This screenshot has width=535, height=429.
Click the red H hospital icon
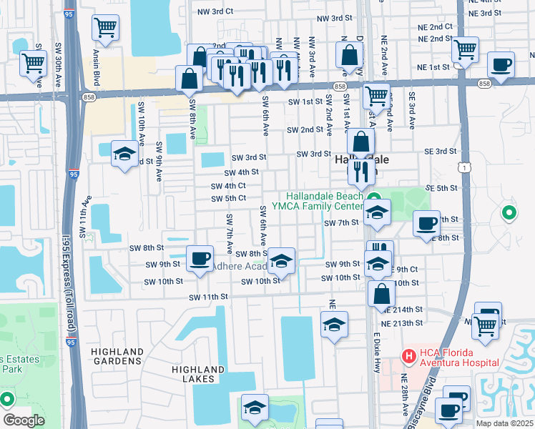408,355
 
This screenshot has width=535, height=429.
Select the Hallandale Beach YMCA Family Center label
325,201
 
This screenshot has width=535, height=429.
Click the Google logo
24,420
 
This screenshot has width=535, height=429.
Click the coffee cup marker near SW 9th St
200,257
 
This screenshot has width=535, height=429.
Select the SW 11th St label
208,297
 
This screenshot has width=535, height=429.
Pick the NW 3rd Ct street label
219,11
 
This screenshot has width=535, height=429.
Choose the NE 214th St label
403,310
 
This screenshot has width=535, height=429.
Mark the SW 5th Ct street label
228,198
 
